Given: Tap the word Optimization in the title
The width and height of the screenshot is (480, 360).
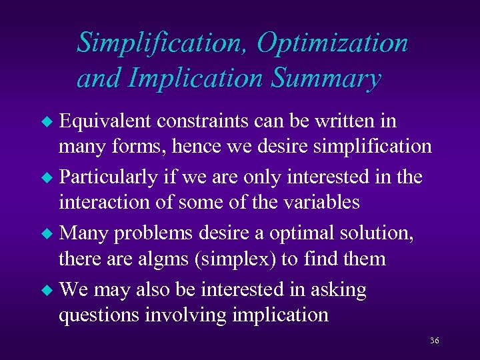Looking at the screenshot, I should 332,43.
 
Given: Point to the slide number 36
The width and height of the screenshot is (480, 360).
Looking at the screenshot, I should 434,341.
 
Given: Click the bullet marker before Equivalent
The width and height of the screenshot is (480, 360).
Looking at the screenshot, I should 46,122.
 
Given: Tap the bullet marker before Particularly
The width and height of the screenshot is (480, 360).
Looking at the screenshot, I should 46,178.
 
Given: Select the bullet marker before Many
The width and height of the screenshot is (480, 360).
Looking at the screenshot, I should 46,235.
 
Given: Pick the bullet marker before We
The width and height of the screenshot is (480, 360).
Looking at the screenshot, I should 46,291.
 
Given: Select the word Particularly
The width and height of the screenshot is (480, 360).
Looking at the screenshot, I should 107,177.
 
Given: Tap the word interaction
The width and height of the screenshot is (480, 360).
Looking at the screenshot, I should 103,201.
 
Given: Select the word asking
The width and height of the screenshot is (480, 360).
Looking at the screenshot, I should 339,291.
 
